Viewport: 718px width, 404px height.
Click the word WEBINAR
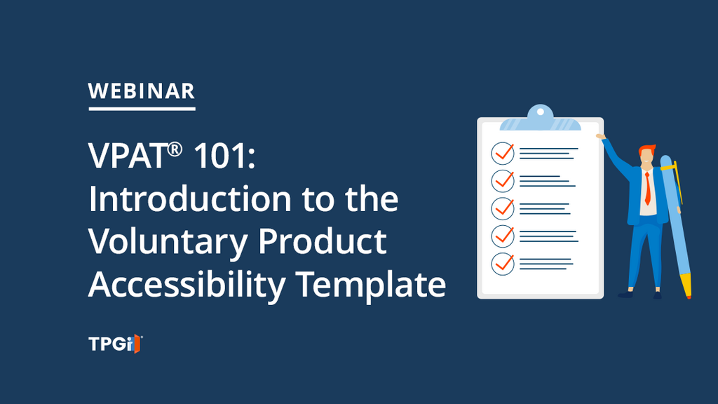pyautogui.click(x=142, y=91)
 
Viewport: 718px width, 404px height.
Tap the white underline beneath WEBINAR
pyautogui.click(x=142, y=109)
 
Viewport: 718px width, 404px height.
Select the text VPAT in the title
pyautogui.click(x=127, y=156)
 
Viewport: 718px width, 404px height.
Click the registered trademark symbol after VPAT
pyautogui.click(x=175, y=149)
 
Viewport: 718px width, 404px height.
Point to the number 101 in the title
pyautogui.click(x=219, y=156)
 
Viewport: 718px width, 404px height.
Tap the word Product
pyautogui.click(x=323, y=241)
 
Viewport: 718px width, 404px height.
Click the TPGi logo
pyautogui.click(x=116, y=344)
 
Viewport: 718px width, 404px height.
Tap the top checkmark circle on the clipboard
pyautogui.click(x=502, y=153)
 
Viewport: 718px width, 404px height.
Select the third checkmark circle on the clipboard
pyautogui.click(x=502, y=208)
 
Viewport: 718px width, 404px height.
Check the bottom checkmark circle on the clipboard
pyautogui.click(x=502, y=264)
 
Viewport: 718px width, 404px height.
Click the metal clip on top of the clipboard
pyautogui.click(x=541, y=118)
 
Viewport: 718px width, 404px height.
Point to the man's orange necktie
pyautogui.click(x=647, y=189)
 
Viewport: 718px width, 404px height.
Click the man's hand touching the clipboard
pyautogui.click(x=600, y=136)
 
